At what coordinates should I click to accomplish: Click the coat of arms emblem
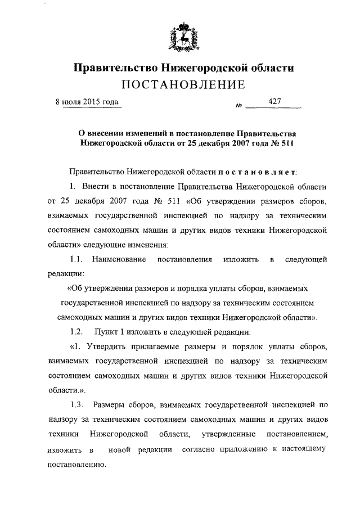(185, 36)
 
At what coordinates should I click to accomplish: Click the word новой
(119, 451)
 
